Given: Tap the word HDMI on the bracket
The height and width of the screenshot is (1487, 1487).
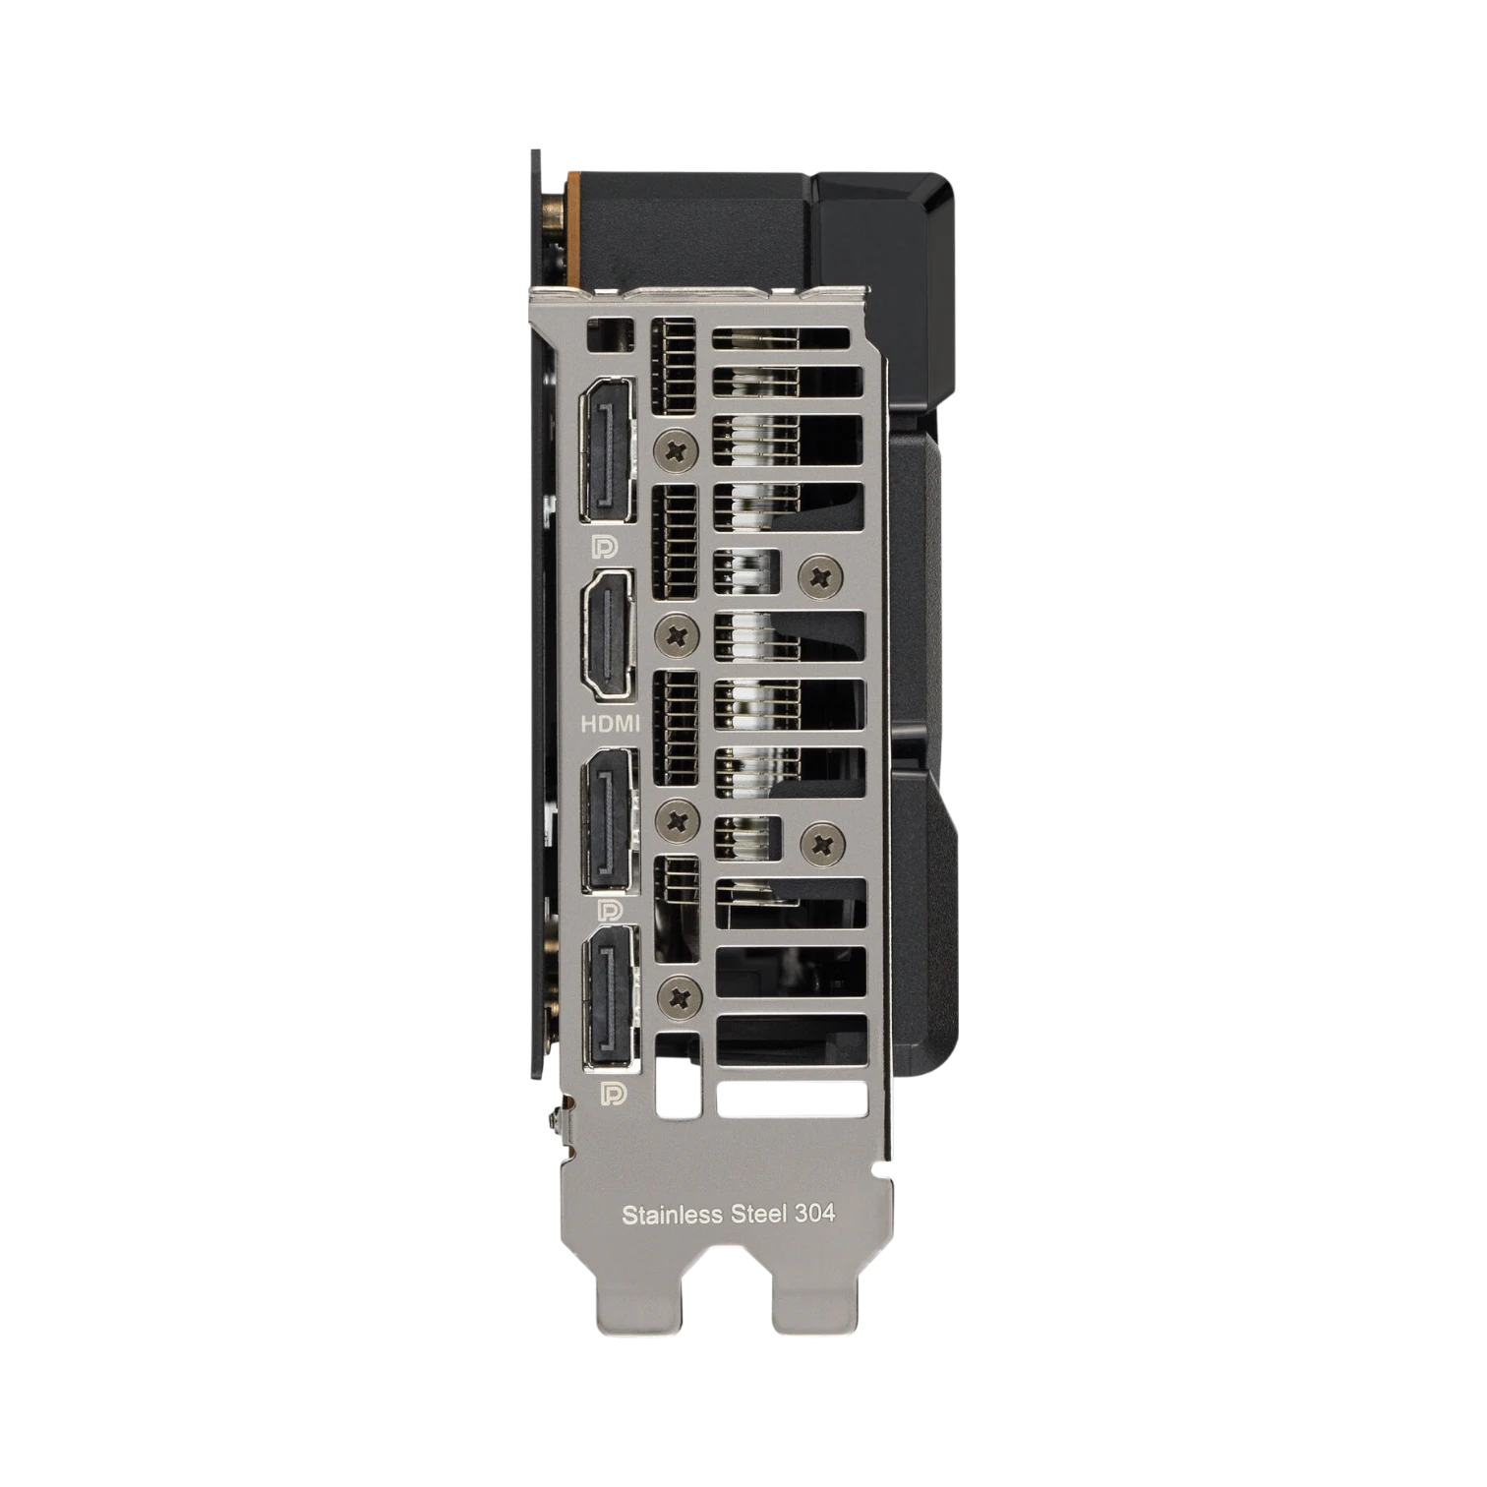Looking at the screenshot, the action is click(x=610, y=724).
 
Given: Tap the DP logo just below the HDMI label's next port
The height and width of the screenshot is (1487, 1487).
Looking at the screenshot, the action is click(x=609, y=910).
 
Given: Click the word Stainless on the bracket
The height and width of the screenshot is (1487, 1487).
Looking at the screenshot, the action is click(x=672, y=1215).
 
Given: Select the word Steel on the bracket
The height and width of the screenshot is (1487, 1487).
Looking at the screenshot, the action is click(x=758, y=1214).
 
